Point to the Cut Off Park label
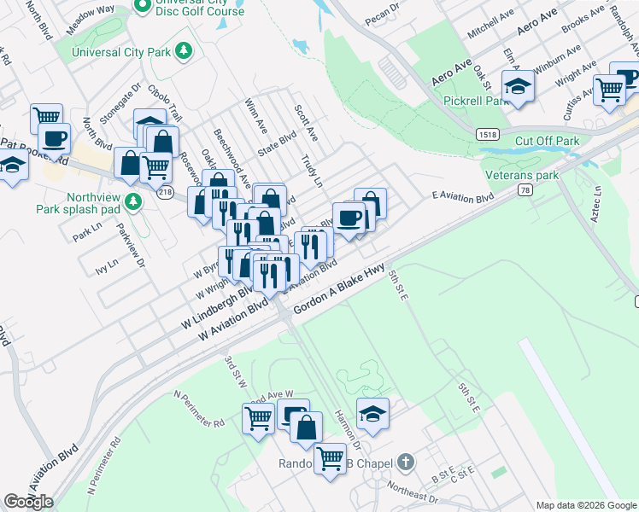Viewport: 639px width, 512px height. [x=547, y=141]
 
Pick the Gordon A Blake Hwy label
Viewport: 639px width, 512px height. [x=338, y=291]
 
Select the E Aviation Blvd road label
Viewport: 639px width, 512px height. [x=463, y=198]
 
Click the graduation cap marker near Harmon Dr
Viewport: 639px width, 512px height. [x=372, y=414]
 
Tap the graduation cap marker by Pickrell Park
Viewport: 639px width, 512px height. [x=518, y=88]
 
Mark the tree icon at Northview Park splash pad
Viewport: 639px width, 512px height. [x=132, y=201]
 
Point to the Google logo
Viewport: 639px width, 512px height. [x=28, y=502]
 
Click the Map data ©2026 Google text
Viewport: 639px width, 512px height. [x=585, y=505]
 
